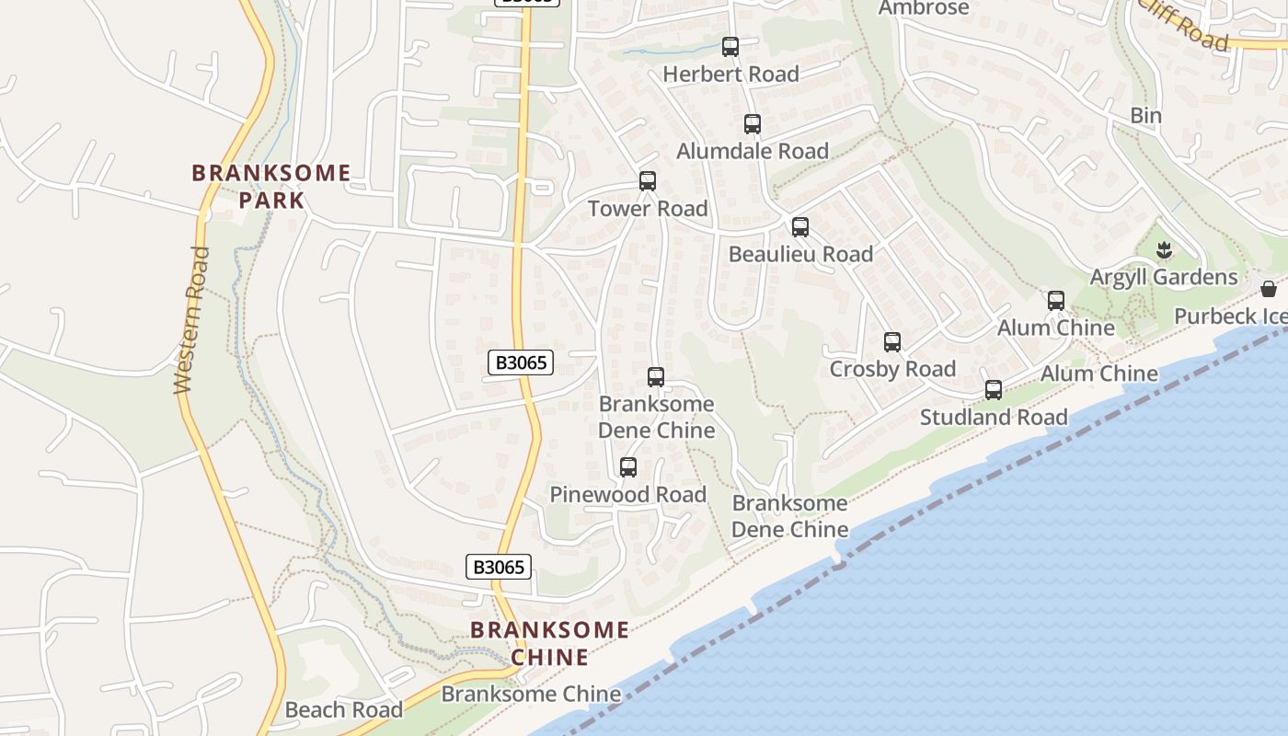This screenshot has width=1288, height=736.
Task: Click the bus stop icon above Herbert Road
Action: [730, 46]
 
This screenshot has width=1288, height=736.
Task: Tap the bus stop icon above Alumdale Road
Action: [753, 123]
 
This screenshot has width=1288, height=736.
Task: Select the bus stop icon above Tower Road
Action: [648, 180]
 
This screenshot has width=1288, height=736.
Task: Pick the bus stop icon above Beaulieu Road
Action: [800, 226]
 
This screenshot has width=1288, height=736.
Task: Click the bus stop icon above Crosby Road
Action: [892, 342]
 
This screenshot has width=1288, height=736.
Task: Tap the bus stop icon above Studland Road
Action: [994, 389]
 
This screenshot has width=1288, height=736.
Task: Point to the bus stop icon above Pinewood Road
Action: [628, 467]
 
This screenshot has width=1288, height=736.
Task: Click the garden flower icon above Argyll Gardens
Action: [1165, 249]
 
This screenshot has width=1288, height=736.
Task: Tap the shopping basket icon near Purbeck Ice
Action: [1269, 289]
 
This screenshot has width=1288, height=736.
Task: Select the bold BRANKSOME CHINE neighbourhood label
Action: [550, 643]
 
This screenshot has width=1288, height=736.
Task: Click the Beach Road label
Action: [344, 709]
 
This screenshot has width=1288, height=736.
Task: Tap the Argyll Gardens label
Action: [1164, 277]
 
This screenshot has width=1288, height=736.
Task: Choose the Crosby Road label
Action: [892, 369]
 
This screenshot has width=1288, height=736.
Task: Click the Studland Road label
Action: [994, 417]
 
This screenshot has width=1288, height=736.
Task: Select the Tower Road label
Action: [648, 208]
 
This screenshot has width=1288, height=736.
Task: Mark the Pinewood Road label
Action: [628, 494]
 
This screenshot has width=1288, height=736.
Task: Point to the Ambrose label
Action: [924, 8]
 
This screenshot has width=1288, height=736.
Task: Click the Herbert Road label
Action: [730, 74]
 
